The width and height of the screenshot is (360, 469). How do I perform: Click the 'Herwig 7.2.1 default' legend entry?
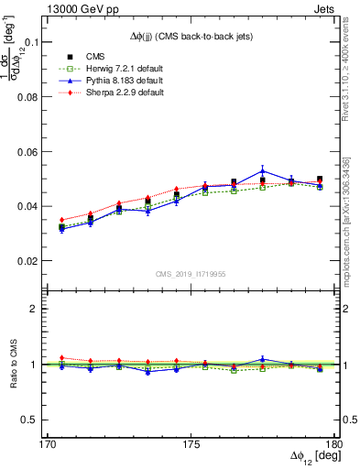(105, 69)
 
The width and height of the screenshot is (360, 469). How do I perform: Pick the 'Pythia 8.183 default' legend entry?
(105, 81)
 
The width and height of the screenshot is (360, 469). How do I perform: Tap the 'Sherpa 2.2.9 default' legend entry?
(105, 93)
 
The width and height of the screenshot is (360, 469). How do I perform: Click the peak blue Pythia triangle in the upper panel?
(263, 170)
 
